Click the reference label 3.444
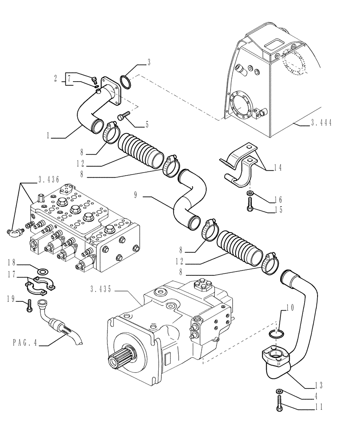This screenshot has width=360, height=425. click(x=321, y=123)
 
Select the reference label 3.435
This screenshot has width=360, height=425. click(x=101, y=289)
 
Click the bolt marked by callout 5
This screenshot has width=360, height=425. click(x=124, y=116)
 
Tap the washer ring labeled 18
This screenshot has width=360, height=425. click(x=43, y=272)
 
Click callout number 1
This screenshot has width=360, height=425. click(x=49, y=136)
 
